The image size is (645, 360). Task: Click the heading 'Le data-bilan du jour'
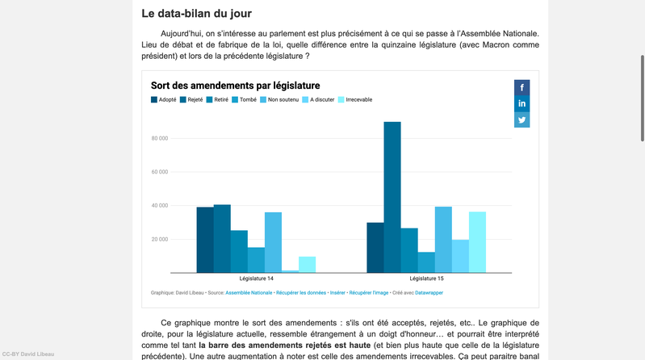196,14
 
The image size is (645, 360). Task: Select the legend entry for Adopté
164,100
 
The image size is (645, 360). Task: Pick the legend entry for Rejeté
191,100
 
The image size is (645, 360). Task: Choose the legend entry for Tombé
244,100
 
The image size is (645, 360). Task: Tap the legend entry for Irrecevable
354,100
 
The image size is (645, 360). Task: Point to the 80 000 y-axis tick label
159,138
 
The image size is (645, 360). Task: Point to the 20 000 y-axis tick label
159,239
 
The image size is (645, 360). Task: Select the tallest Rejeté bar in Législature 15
392,197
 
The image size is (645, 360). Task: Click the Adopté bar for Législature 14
205,240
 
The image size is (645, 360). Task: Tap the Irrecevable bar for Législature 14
307,265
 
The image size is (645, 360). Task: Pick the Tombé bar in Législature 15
426,262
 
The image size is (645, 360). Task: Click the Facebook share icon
522,88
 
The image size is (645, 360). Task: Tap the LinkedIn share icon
522,103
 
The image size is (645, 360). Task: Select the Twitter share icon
522,119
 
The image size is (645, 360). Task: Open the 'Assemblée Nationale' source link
249,293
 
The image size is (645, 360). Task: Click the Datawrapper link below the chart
429,293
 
